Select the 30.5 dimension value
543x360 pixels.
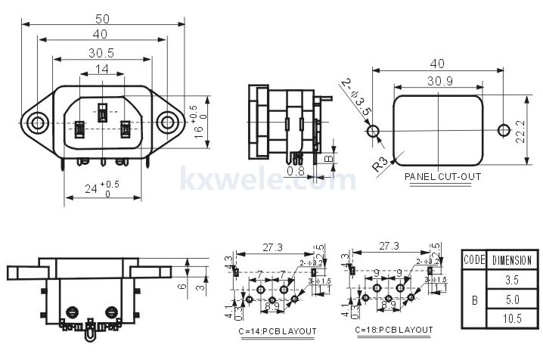[101, 53]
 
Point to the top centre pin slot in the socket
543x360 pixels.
[101, 113]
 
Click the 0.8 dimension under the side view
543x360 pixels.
[297, 172]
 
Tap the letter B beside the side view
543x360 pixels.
[327, 159]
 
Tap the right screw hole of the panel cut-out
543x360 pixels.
[501, 131]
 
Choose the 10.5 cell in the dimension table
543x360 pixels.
[512, 319]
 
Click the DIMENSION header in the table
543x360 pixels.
[512, 259]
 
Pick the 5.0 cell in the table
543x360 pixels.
[512, 299]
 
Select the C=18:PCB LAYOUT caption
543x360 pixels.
[394, 331]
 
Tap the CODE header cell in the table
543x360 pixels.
[473, 259]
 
